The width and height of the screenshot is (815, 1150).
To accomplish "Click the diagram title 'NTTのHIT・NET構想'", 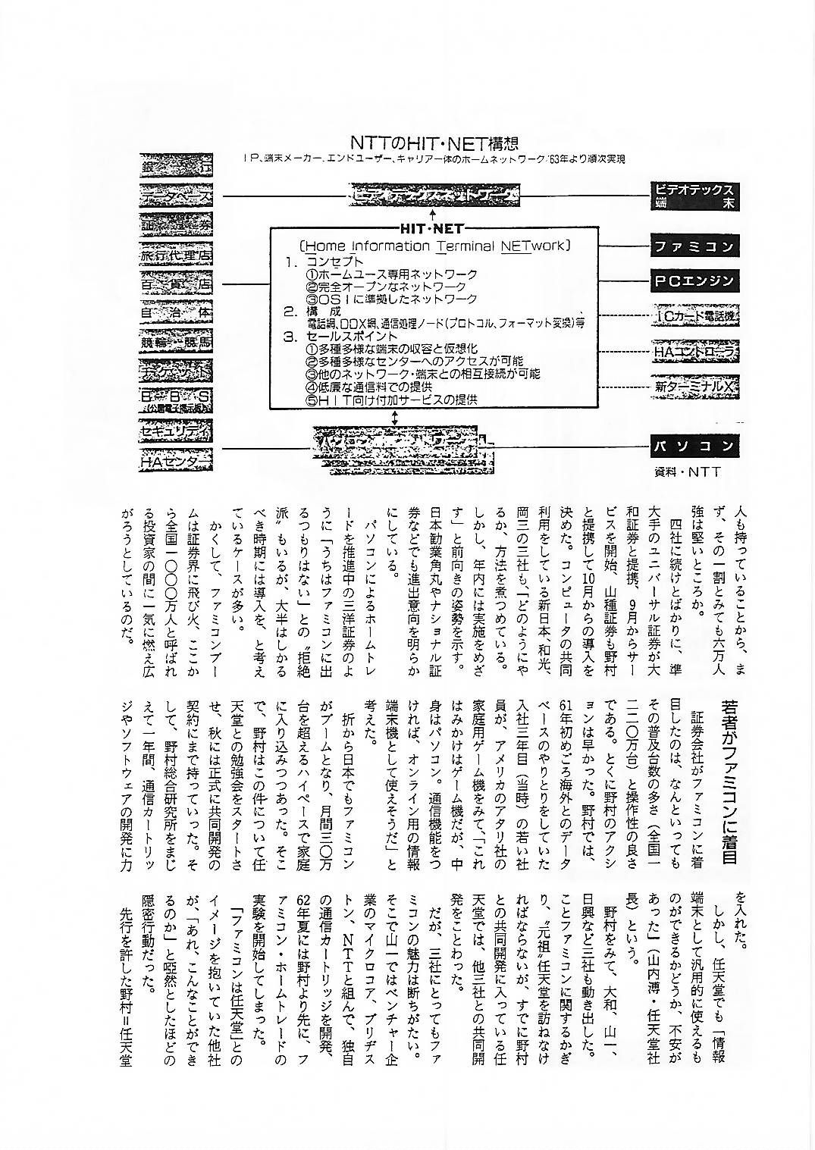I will coord(434,143).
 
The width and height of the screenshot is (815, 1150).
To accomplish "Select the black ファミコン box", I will coord(695,247).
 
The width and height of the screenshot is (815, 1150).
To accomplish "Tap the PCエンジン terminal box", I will coord(695,281).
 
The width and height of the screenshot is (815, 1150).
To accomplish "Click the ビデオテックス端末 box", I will coord(695,196).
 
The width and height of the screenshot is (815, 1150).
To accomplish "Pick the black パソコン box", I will coord(695,446).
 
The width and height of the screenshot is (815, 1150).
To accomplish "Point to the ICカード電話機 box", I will coord(695,316).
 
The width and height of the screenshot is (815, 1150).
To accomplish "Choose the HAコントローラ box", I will coord(695,352).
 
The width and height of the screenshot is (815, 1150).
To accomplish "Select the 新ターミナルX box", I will coord(695,387).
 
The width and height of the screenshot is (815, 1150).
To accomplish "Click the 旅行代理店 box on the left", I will coord(176,255).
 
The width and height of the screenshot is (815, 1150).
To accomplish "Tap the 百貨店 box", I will coord(176,286).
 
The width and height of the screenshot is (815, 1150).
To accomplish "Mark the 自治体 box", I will coord(176,312).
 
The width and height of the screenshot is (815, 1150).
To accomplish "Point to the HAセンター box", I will coord(176,460).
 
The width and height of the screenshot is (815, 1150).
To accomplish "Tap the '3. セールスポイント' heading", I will coord(341,336).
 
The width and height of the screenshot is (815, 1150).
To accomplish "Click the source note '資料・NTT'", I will coord(688,472).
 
